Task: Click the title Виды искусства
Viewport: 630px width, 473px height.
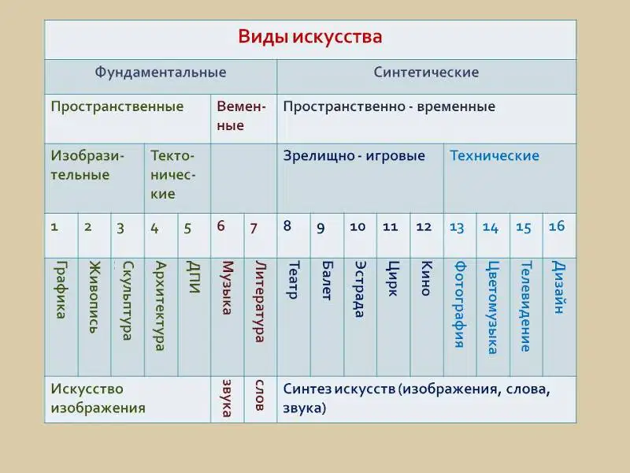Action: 309,36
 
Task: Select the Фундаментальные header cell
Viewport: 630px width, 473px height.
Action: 161,73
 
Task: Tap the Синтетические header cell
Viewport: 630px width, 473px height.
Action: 426,73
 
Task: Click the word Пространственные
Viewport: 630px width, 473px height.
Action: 117,107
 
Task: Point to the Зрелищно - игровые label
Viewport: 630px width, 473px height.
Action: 354,156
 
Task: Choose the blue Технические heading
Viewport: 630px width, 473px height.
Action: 495,155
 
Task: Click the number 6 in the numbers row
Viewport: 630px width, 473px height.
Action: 220,226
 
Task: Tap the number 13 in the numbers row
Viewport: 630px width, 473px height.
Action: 457,228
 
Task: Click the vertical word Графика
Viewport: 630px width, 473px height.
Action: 61,289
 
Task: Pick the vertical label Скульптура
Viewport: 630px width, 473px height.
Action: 128,300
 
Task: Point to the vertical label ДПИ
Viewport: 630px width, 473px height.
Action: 194,277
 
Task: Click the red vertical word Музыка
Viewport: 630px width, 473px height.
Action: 228,288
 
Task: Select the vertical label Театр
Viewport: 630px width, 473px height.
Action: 294,280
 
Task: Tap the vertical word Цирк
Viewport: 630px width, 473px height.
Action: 392,278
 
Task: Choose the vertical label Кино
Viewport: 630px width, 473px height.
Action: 426,278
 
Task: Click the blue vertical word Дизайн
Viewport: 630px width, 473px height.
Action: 558,287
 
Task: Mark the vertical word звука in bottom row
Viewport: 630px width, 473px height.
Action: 227,398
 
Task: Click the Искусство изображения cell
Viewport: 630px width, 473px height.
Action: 98,399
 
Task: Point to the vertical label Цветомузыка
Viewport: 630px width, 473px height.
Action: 493,307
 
